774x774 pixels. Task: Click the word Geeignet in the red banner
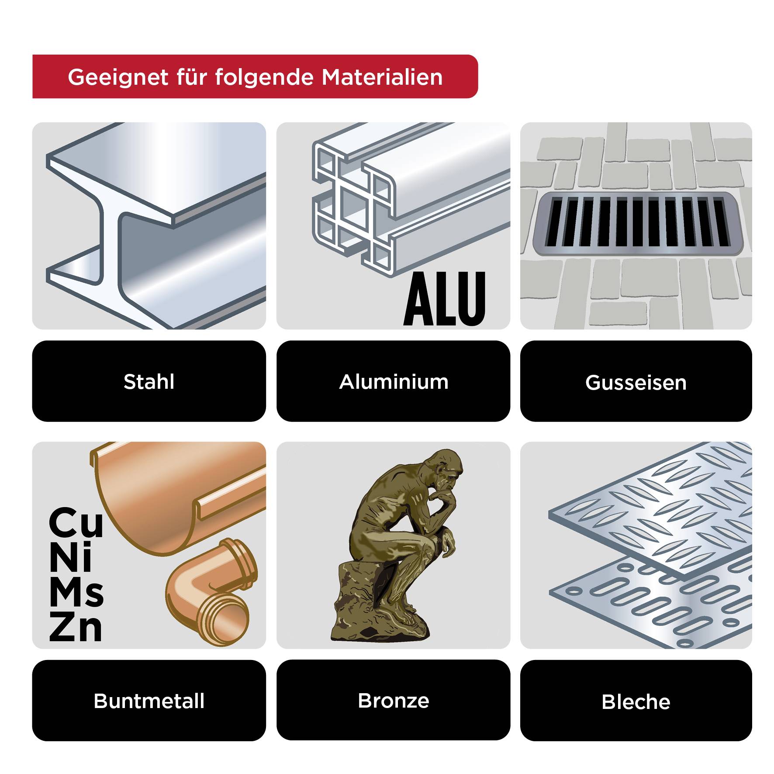pos(118,77)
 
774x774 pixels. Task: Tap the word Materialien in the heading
pos(382,77)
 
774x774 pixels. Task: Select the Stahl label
pos(149,381)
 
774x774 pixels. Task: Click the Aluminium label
pos(393,381)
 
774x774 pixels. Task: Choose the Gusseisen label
pos(636,382)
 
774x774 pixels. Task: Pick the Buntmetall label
pos(149,701)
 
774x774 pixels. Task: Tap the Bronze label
pos(393,700)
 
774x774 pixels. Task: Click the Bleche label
pos(636,701)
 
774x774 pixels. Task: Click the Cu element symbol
pos(76,523)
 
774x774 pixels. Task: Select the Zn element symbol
pos(76,627)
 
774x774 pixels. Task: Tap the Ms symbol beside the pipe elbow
pos(76,593)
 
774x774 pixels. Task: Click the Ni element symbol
pos(71,558)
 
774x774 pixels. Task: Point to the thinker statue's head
pos(446,470)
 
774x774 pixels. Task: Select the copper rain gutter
pos(175,494)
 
